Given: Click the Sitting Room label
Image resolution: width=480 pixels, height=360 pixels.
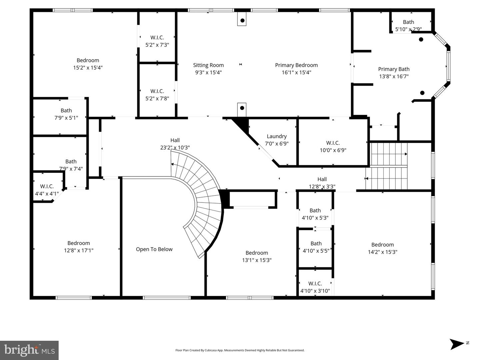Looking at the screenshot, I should tap(208, 65).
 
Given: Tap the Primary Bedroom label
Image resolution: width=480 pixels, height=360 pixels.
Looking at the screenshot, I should tap(296, 65).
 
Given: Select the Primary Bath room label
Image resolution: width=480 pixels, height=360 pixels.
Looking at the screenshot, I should tap(394, 69).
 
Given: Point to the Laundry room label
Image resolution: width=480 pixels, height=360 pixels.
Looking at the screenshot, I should tap(277, 136).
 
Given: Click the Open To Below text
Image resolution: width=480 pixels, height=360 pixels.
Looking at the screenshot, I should tap(154, 249).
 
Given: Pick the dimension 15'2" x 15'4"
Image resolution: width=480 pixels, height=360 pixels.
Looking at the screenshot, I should tap(88, 68).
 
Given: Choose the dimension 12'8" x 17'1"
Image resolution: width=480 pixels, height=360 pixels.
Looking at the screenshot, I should tap(79, 250).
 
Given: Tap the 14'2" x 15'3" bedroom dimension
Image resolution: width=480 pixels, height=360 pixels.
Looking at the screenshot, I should tap(382, 252).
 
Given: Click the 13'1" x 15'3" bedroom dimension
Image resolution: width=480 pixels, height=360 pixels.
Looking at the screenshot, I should tap(257, 260).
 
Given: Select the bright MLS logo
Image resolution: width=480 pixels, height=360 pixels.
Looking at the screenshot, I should tap(29, 350).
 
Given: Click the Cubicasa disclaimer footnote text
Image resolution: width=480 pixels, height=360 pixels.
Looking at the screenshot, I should tap(240, 350).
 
